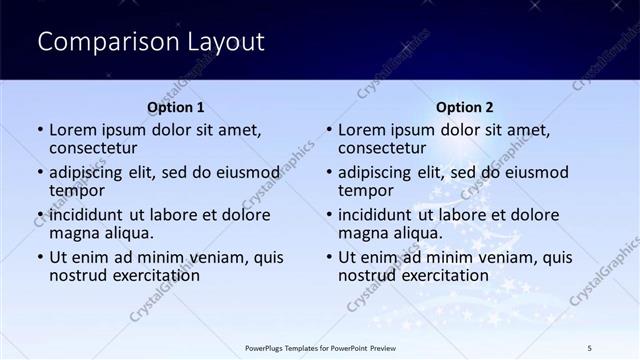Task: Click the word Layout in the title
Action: click(225, 42)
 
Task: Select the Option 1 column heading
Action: click(176, 107)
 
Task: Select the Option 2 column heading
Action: click(464, 107)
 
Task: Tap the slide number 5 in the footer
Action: click(591, 347)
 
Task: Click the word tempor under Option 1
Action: click(76, 190)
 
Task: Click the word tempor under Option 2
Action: click(365, 190)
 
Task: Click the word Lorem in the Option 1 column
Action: click(73, 130)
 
